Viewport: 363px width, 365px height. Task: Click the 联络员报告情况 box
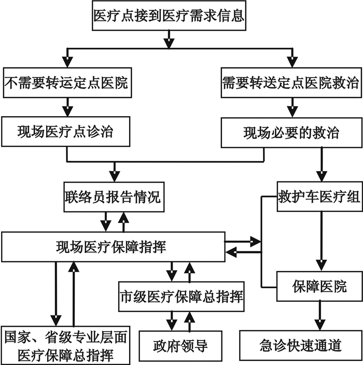tap(113, 197)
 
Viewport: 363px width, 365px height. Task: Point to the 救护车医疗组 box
tap(319, 197)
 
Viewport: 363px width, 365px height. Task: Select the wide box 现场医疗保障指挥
tap(114, 246)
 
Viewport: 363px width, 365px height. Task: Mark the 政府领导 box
tap(181, 345)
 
